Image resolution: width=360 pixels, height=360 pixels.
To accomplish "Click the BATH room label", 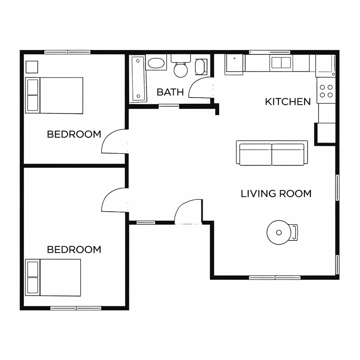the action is point(170,92).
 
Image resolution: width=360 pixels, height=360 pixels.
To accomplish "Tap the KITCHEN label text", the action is point(288,102).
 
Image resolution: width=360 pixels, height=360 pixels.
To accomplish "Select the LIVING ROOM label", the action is point(276,194).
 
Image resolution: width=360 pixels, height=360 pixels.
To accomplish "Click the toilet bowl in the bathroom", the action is point(181,70).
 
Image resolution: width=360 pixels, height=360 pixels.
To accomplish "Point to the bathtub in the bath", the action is point(139,78).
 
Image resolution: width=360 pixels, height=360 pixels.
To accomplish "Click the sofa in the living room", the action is point(272,153).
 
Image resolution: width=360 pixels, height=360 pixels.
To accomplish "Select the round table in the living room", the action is point(279,232).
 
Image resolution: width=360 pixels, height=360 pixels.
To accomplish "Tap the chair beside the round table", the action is point(294,232).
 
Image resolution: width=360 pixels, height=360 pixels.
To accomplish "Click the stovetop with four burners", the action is point(326,91).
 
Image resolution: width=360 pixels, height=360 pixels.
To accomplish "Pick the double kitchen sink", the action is point(281,62).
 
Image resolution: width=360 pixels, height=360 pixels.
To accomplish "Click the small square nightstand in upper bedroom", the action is point(32,67).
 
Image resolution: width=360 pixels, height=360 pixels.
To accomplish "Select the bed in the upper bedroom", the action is point(54,95).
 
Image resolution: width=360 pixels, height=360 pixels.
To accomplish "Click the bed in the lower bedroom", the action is point(53,278).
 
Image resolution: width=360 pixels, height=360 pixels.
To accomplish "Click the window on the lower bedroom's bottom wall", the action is point(76,308).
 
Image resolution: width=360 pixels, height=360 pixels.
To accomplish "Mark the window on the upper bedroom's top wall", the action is point(67,52).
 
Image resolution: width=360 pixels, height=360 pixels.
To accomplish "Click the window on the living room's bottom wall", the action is point(275,278).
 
